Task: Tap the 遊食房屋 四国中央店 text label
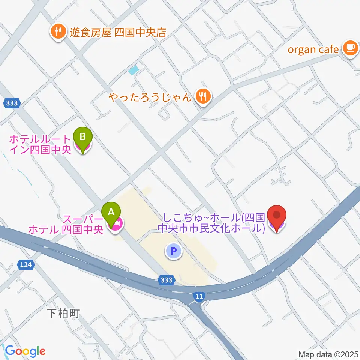(118, 31)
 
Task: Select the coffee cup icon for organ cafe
(350, 49)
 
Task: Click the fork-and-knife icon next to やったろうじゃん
(203, 97)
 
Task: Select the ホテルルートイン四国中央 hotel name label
(39, 145)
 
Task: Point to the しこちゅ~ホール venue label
(212, 223)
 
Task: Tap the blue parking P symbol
(173, 251)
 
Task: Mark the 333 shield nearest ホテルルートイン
(12, 103)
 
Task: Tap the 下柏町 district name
(64, 313)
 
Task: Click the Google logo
(25, 351)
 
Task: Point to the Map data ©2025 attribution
(328, 354)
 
